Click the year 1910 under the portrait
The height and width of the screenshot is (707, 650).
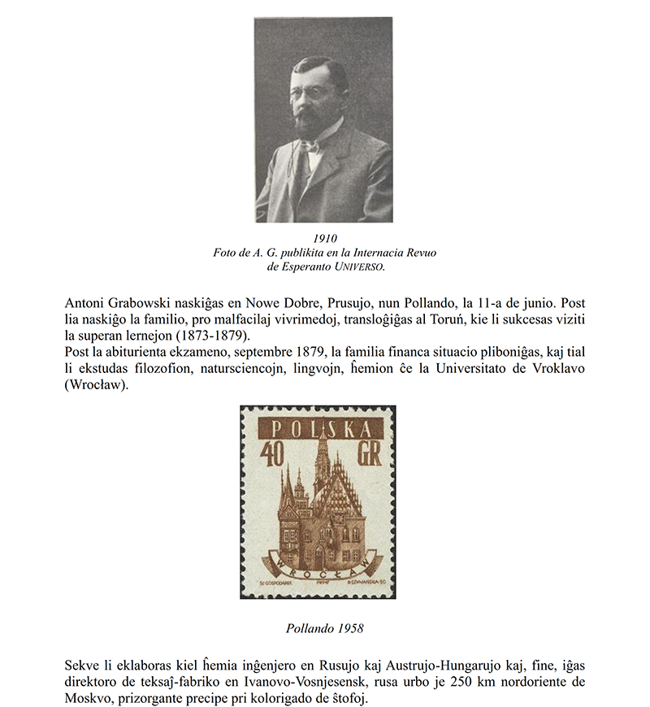point(324,238)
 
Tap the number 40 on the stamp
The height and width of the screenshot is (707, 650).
point(271,454)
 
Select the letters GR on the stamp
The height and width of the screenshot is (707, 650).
point(371,454)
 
